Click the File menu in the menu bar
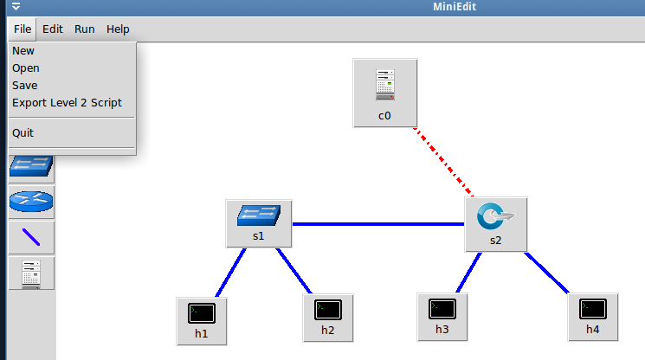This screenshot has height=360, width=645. coord(23,29)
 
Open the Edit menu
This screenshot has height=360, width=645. coord(53,29)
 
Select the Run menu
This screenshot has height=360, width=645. coord(84,29)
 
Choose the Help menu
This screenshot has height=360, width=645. coord(118,29)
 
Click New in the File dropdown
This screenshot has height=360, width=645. coord(23,51)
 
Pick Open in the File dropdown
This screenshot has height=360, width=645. coord(26,68)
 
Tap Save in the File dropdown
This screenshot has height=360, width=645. coord(25,86)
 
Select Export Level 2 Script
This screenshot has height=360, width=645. coord(67,103)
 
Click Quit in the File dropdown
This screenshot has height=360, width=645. coord(23,133)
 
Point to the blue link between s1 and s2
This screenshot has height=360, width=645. coord(378,224)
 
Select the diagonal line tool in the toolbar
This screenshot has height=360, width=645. coord(31,237)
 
